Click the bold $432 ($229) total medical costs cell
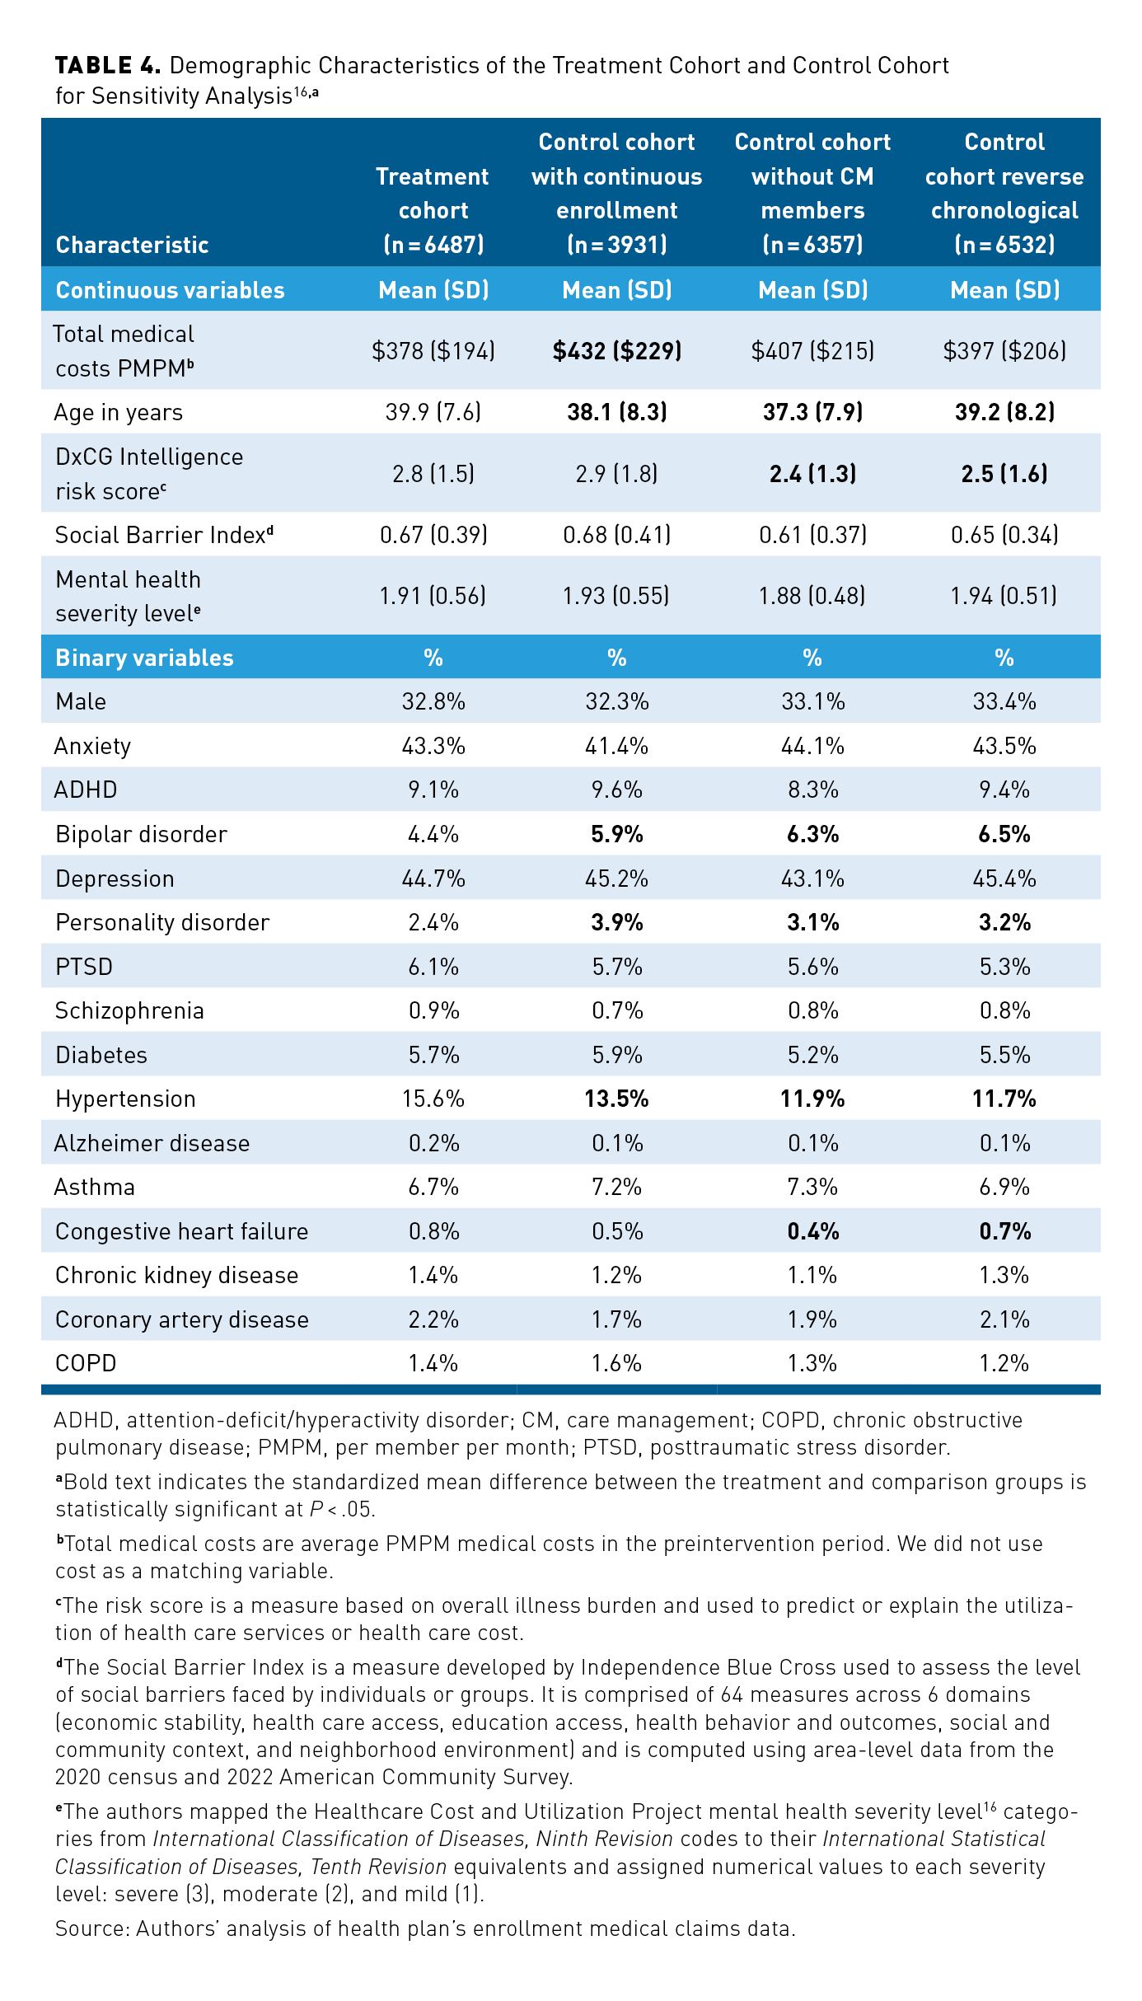click(x=616, y=351)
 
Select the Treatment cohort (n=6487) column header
click(x=433, y=210)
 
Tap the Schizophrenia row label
click(x=129, y=1010)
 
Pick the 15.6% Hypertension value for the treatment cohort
click(x=433, y=1099)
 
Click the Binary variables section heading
click(x=144, y=658)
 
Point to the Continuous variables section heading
click(x=170, y=290)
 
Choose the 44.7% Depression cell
click(x=433, y=879)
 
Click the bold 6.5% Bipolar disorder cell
click(x=1004, y=834)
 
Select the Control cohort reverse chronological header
click(x=1004, y=193)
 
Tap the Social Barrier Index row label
click(x=164, y=535)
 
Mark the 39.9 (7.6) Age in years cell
click(x=433, y=412)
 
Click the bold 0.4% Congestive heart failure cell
click(x=812, y=1231)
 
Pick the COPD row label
click(x=86, y=1363)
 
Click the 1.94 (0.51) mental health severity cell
click(x=1004, y=596)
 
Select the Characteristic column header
click(x=132, y=245)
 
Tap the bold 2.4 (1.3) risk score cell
click(x=812, y=474)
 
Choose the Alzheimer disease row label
click(x=152, y=1143)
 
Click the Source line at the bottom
click(x=425, y=1929)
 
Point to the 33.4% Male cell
click(x=1004, y=701)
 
